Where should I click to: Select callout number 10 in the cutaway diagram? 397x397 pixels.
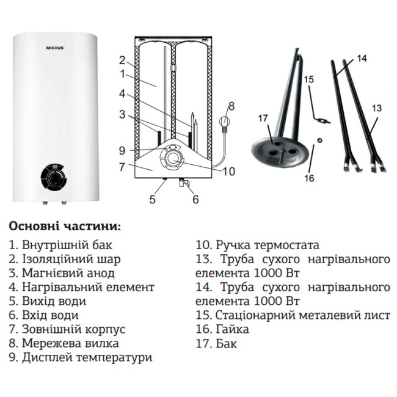[228, 172]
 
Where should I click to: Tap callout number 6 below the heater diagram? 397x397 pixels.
[195, 199]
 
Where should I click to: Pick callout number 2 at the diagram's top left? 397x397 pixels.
[122, 60]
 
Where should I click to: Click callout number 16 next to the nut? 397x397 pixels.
[309, 178]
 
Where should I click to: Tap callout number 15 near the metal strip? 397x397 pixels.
[308, 79]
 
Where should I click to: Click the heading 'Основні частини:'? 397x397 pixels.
[65, 226]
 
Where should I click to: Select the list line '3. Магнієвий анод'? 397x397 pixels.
[62, 273]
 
